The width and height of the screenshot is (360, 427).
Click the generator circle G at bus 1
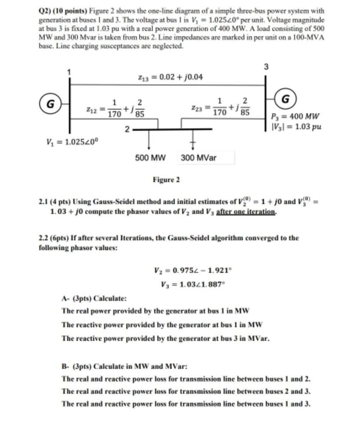[49, 102]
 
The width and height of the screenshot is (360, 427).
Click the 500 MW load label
[150, 158]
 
